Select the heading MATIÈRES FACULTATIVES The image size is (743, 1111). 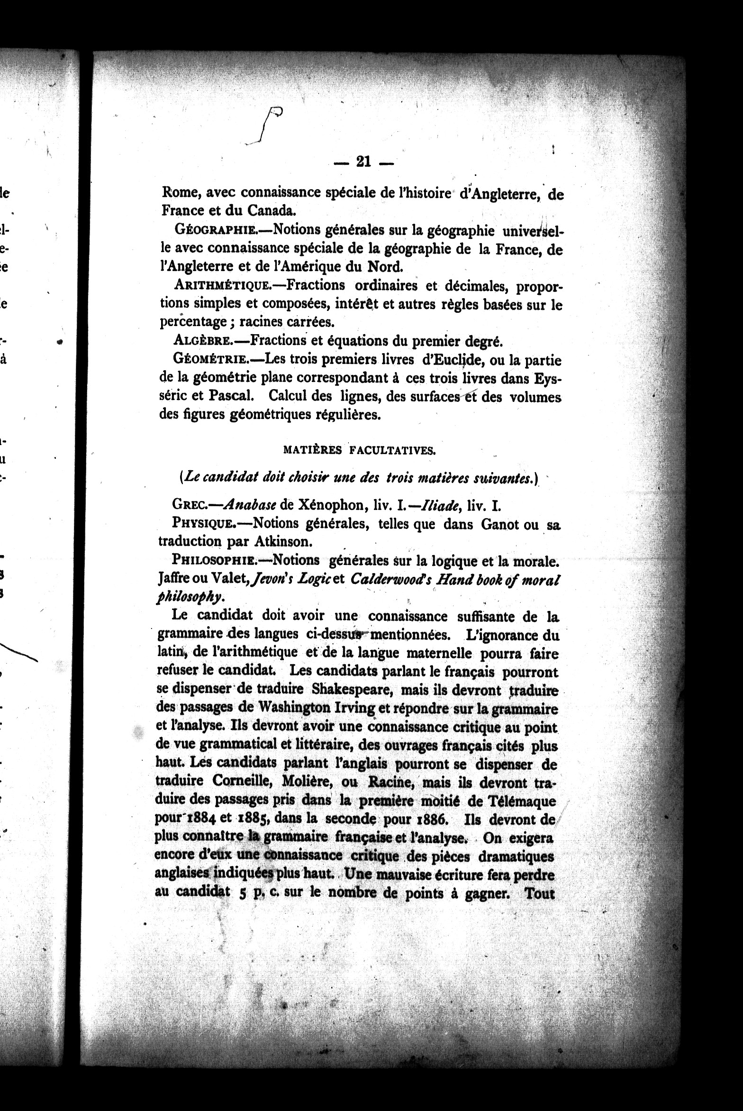(x=359, y=451)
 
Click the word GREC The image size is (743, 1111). (x=189, y=505)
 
